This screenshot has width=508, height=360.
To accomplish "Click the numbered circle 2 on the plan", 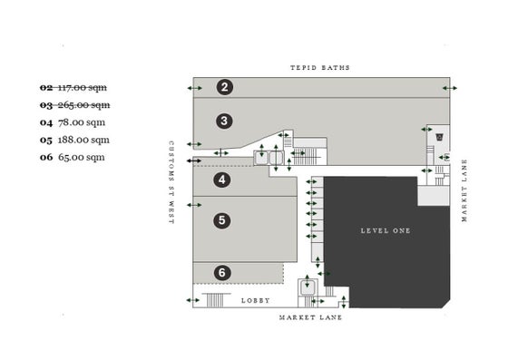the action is pos(225,87).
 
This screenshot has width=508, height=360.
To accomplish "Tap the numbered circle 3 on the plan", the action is pos(224,122).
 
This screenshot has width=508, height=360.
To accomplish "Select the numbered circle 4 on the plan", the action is pos(222,180).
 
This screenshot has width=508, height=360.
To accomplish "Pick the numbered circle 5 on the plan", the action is pos(222,220).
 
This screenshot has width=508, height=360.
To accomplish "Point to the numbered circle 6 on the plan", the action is pos(222,273).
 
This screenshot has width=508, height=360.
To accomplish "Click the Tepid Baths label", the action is pos(320,68).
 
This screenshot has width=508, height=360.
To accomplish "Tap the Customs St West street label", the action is pos(171,182).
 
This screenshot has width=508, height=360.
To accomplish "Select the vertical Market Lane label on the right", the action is pos(464,190).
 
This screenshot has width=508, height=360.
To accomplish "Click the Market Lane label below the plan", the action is pos(310,317).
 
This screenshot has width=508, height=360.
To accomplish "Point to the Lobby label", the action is pos(256,301).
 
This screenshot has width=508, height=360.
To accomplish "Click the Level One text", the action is pos(386,231).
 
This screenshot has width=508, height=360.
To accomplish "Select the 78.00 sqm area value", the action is pos(82,122).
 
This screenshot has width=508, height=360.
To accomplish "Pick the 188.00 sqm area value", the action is pos(83,141).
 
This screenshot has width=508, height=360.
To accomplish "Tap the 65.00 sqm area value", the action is pos(82,158).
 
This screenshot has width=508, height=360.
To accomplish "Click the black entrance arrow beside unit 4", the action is pos(194,161).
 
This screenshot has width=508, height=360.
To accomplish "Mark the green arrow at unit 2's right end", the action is pos(450,88).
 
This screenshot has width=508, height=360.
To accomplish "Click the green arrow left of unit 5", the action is pos(194,205).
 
